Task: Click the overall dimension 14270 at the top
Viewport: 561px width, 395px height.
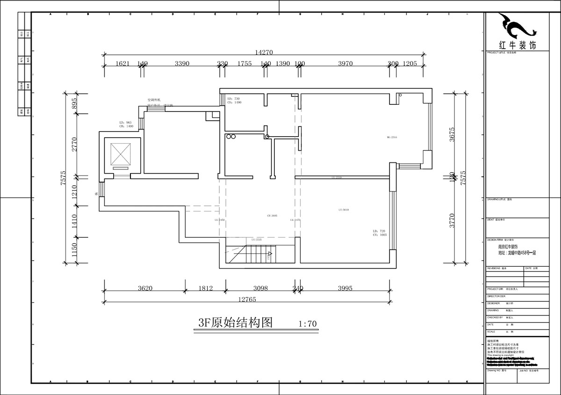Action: (x=264, y=52)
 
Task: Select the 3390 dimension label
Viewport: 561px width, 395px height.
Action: (x=182, y=64)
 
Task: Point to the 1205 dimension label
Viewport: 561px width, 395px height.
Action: (x=410, y=64)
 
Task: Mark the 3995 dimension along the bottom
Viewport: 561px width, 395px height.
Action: (x=345, y=288)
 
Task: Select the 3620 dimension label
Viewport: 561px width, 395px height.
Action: (x=145, y=288)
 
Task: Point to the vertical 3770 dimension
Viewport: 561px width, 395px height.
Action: (x=452, y=220)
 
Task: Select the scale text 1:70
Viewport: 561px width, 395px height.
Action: (x=307, y=324)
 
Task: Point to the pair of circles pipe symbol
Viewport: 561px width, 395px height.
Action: (x=230, y=137)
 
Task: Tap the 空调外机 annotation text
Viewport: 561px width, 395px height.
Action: (x=154, y=100)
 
